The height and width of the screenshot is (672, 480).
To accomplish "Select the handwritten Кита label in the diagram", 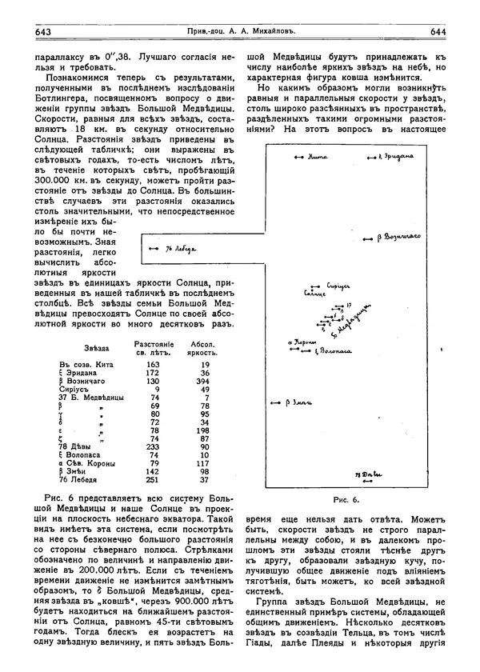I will (318, 158).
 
